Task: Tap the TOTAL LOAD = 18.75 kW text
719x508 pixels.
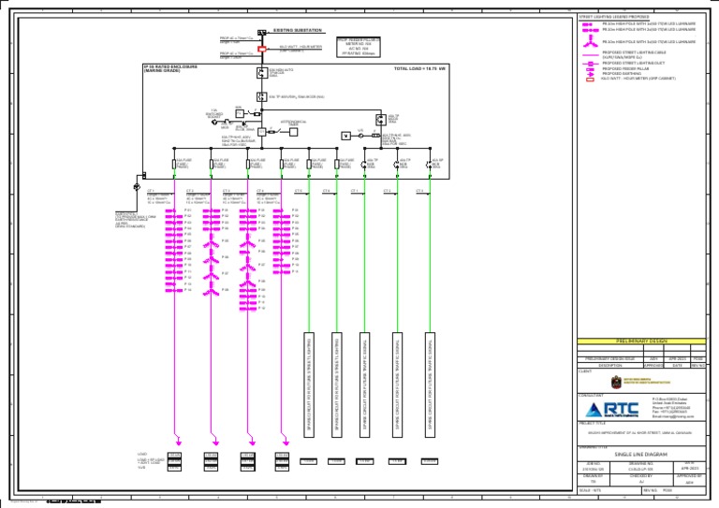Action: click(420, 69)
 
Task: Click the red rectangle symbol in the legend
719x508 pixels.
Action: click(589, 80)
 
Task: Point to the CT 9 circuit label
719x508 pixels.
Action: click(419, 192)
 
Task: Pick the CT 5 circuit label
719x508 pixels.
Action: click(299, 192)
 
